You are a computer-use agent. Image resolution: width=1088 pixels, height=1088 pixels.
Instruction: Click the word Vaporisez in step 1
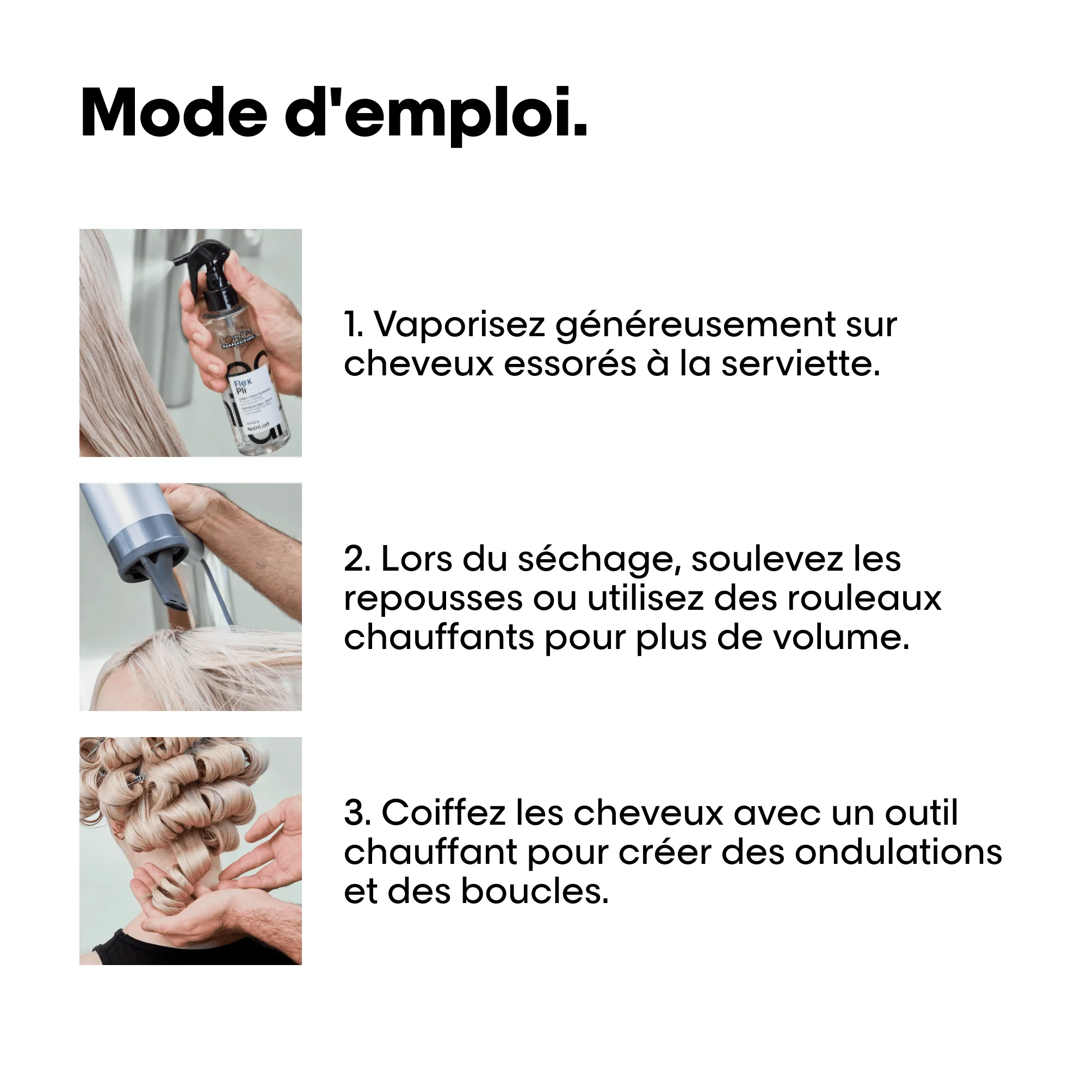(x=459, y=325)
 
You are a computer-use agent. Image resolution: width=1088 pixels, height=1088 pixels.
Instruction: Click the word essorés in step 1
(x=570, y=364)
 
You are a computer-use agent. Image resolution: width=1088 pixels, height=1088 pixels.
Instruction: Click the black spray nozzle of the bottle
(x=203, y=262)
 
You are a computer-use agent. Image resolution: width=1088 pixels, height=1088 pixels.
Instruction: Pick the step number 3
(x=356, y=813)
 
